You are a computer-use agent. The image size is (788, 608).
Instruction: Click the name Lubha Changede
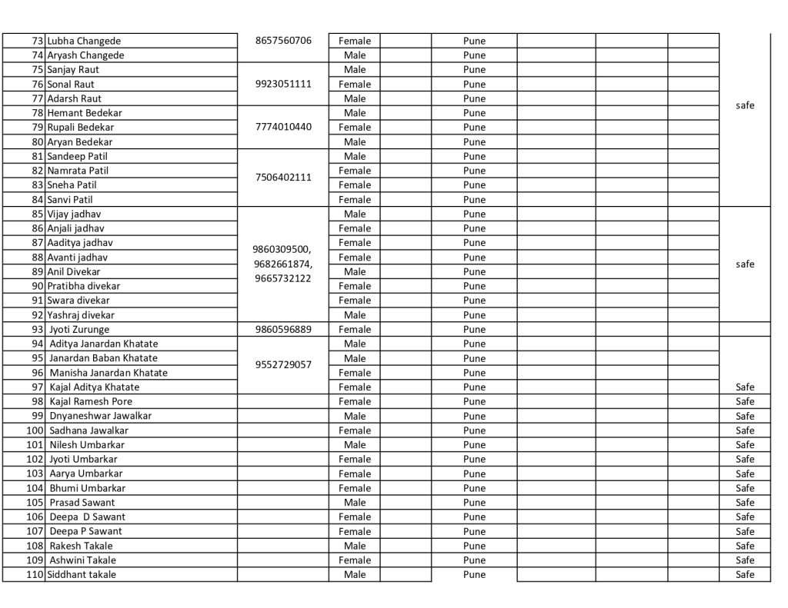point(84,41)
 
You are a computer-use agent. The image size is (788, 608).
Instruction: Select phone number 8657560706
point(283,41)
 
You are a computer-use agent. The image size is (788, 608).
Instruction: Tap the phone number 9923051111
point(283,84)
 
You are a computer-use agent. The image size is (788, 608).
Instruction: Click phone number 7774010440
point(283,127)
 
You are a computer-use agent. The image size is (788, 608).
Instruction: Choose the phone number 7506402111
point(283,178)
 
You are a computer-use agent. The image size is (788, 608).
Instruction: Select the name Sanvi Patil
point(70,200)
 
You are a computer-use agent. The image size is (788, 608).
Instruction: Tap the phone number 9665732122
point(283,278)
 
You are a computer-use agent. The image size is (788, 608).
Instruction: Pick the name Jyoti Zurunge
point(79,330)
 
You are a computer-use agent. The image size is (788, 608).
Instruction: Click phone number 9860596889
point(283,330)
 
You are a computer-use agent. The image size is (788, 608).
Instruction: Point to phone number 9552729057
point(283,365)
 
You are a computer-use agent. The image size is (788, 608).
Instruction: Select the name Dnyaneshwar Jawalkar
point(101,416)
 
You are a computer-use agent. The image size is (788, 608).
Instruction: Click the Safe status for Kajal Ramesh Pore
point(745,401)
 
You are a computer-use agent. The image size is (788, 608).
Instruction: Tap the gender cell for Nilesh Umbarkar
point(355,445)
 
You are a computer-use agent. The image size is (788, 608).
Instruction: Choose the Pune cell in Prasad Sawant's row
point(475,503)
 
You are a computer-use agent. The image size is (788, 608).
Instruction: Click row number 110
point(35,575)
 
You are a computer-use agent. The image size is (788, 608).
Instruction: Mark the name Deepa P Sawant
point(85,531)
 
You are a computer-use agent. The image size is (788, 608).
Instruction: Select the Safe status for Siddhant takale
point(745,575)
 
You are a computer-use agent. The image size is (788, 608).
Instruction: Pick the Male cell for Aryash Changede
point(355,55)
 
